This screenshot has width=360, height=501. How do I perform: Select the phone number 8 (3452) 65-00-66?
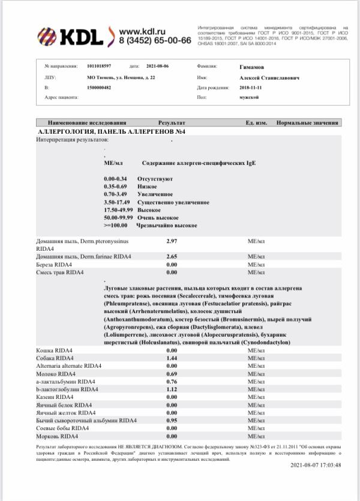pyautogui.click(x=155, y=40)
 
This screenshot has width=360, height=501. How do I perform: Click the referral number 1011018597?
pyautogui.click(x=99, y=66)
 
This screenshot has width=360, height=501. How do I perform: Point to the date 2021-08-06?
pyautogui.click(x=158, y=66)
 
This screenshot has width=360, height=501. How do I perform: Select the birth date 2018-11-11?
pyautogui.click(x=252, y=88)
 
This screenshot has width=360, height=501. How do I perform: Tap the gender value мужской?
pyautogui.click(x=248, y=97)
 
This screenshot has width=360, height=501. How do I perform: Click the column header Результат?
pyautogui.click(x=172, y=122)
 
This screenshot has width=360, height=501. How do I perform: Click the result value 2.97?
pyautogui.click(x=171, y=241)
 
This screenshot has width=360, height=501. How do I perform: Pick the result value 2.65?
pyautogui.click(x=171, y=256)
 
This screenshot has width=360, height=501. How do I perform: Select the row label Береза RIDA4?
pyautogui.click(x=54, y=264)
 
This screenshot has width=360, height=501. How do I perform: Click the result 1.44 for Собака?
pyautogui.click(x=171, y=358)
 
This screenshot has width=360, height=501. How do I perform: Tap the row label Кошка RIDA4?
pyautogui.click(x=55, y=350)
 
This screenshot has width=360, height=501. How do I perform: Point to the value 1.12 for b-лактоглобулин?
pyautogui.click(x=171, y=389)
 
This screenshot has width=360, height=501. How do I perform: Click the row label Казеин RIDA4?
pyautogui.click(x=55, y=397)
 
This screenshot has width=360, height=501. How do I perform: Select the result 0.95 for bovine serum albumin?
pyautogui.click(x=171, y=420)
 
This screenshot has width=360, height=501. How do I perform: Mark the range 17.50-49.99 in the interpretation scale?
pyautogui.click(x=118, y=210)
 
